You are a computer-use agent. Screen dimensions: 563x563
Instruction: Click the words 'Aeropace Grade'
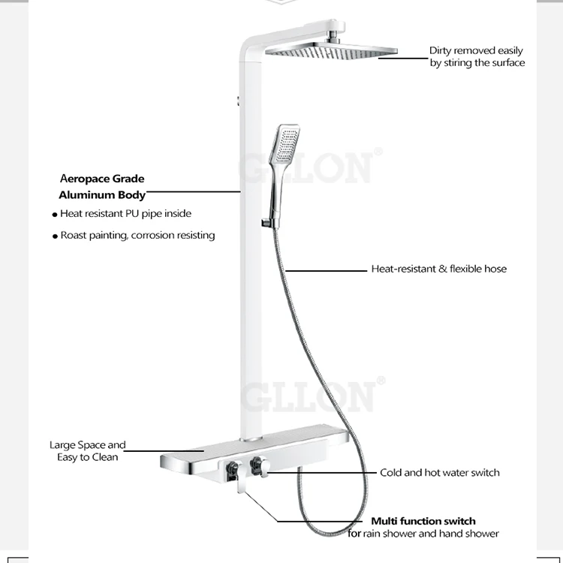point(102,179)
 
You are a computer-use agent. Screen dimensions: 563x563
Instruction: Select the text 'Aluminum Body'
point(102,195)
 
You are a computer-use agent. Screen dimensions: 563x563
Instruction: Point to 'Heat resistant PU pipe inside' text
point(125,214)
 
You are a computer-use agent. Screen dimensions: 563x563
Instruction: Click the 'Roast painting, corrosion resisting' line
point(137,236)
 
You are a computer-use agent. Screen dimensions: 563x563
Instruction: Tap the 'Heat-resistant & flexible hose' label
point(438,269)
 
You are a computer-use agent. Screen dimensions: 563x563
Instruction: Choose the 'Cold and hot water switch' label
point(439,473)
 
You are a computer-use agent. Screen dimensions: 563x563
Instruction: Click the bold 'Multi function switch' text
point(423,521)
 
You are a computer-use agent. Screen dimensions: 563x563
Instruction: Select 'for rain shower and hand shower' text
point(423,534)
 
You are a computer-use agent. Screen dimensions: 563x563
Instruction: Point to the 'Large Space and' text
point(88,445)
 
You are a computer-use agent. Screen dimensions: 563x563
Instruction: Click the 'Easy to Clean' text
point(88,457)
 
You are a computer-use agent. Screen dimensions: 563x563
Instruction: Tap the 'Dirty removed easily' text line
point(476,50)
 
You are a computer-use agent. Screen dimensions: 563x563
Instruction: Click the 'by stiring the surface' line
point(477,63)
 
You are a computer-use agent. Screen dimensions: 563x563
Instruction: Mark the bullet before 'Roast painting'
point(55,236)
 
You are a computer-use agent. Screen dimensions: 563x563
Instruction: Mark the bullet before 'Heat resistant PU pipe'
point(55,215)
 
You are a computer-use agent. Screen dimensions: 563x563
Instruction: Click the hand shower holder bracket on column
point(266,223)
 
